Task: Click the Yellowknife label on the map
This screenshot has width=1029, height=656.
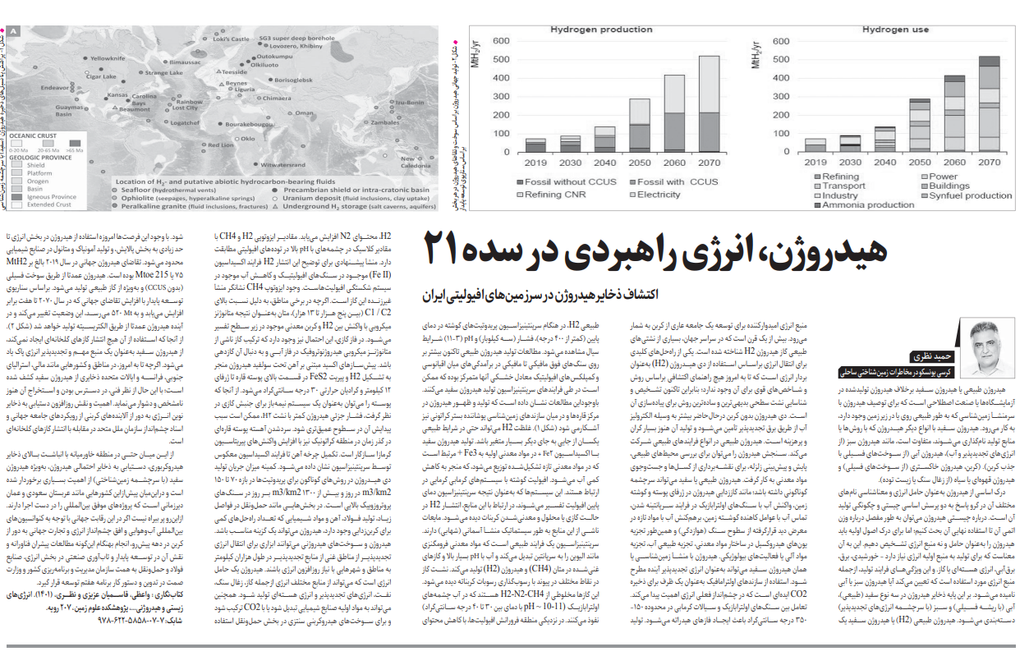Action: [x=107, y=58]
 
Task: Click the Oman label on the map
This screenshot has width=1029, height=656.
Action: [x=305, y=113]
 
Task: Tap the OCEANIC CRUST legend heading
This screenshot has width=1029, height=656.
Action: [x=38, y=136]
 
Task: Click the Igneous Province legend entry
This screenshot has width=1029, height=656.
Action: [x=51, y=197]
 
